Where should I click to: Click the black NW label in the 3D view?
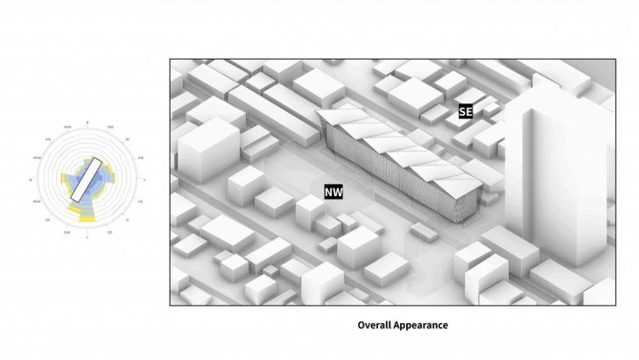[x=334, y=191]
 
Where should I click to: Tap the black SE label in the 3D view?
[x=465, y=112]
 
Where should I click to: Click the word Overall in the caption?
[x=374, y=325]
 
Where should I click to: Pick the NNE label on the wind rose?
[x=109, y=127]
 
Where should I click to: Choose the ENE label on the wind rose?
[x=140, y=158]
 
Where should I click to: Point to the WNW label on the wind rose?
[x=36, y=158]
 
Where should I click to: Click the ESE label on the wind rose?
[x=140, y=201]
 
